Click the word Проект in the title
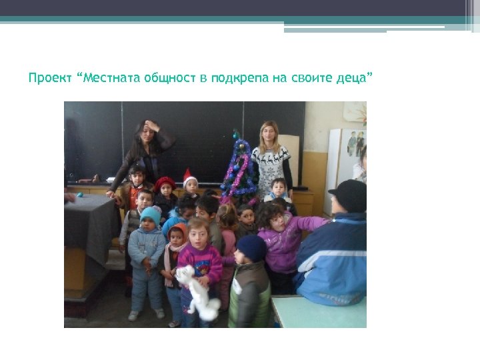[x=51, y=78]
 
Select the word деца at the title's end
[x=352, y=78]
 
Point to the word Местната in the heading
[x=109, y=78]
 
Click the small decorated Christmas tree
[x=238, y=171]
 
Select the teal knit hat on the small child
[x=151, y=215]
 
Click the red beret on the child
[x=165, y=183]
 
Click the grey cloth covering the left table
[x=90, y=224]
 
